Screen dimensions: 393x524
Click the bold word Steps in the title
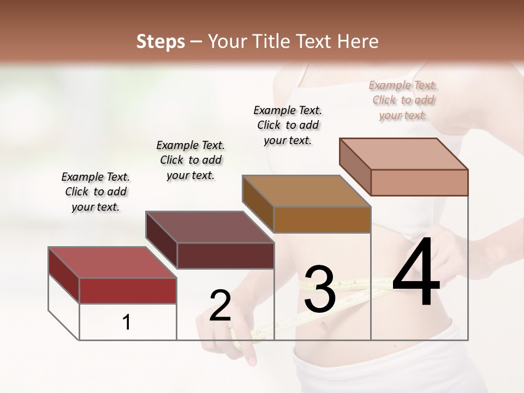tap(160, 41)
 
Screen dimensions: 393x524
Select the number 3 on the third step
tap(320, 289)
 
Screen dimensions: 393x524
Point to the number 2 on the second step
tap(220, 306)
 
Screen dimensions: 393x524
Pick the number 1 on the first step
tap(127, 322)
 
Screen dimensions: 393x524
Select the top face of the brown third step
tap(306, 192)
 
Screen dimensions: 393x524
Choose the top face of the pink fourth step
tap(404, 154)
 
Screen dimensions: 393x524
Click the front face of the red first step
tap(128, 290)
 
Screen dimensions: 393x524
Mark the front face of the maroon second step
tap(225, 255)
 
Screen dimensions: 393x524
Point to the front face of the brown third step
tap(322, 219)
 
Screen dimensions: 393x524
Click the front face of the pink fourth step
tap(419, 182)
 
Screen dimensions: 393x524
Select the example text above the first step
tap(96, 192)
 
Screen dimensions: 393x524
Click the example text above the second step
tap(190, 160)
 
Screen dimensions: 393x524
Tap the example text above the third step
tap(288, 125)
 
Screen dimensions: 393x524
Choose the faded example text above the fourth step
tap(403, 100)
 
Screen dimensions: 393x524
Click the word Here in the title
tap(358, 41)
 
